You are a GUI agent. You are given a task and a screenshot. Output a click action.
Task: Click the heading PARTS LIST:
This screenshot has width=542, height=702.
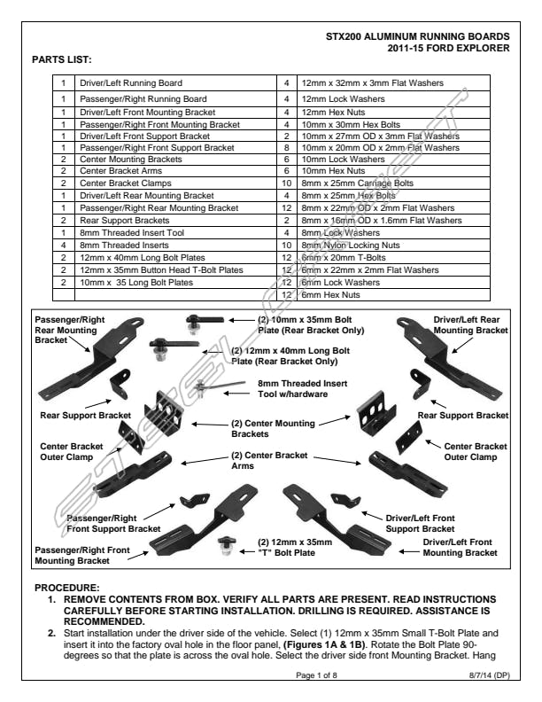(x=61, y=59)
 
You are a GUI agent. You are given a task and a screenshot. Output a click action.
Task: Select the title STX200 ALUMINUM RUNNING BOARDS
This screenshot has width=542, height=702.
(x=418, y=36)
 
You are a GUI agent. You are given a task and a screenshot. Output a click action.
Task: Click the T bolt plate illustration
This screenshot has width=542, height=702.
(x=226, y=545)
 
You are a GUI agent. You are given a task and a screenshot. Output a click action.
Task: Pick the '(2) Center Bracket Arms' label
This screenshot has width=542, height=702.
(x=270, y=460)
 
